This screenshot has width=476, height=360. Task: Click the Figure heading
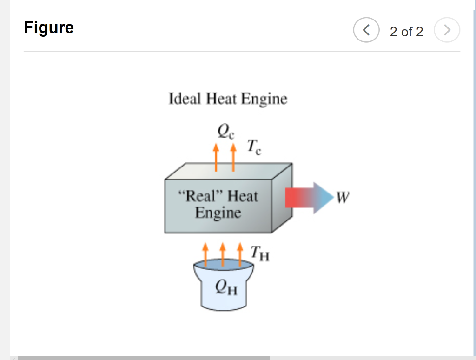tap(49, 28)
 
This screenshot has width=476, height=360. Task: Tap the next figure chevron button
tap(447, 31)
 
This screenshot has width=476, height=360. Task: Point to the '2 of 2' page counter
tap(406, 32)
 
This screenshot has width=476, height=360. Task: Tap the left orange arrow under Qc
tap(216, 157)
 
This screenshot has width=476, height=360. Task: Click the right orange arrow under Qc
tap(233, 157)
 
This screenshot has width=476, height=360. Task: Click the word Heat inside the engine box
tap(242, 195)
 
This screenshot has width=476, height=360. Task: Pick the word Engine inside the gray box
tap(218, 213)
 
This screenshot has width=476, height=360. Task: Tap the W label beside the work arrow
tap(342, 198)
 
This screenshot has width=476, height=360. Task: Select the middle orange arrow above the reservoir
tap(223, 253)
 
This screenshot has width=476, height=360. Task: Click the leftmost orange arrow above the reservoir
tap(205, 253)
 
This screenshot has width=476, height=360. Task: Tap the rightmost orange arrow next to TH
tap(240, 253)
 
